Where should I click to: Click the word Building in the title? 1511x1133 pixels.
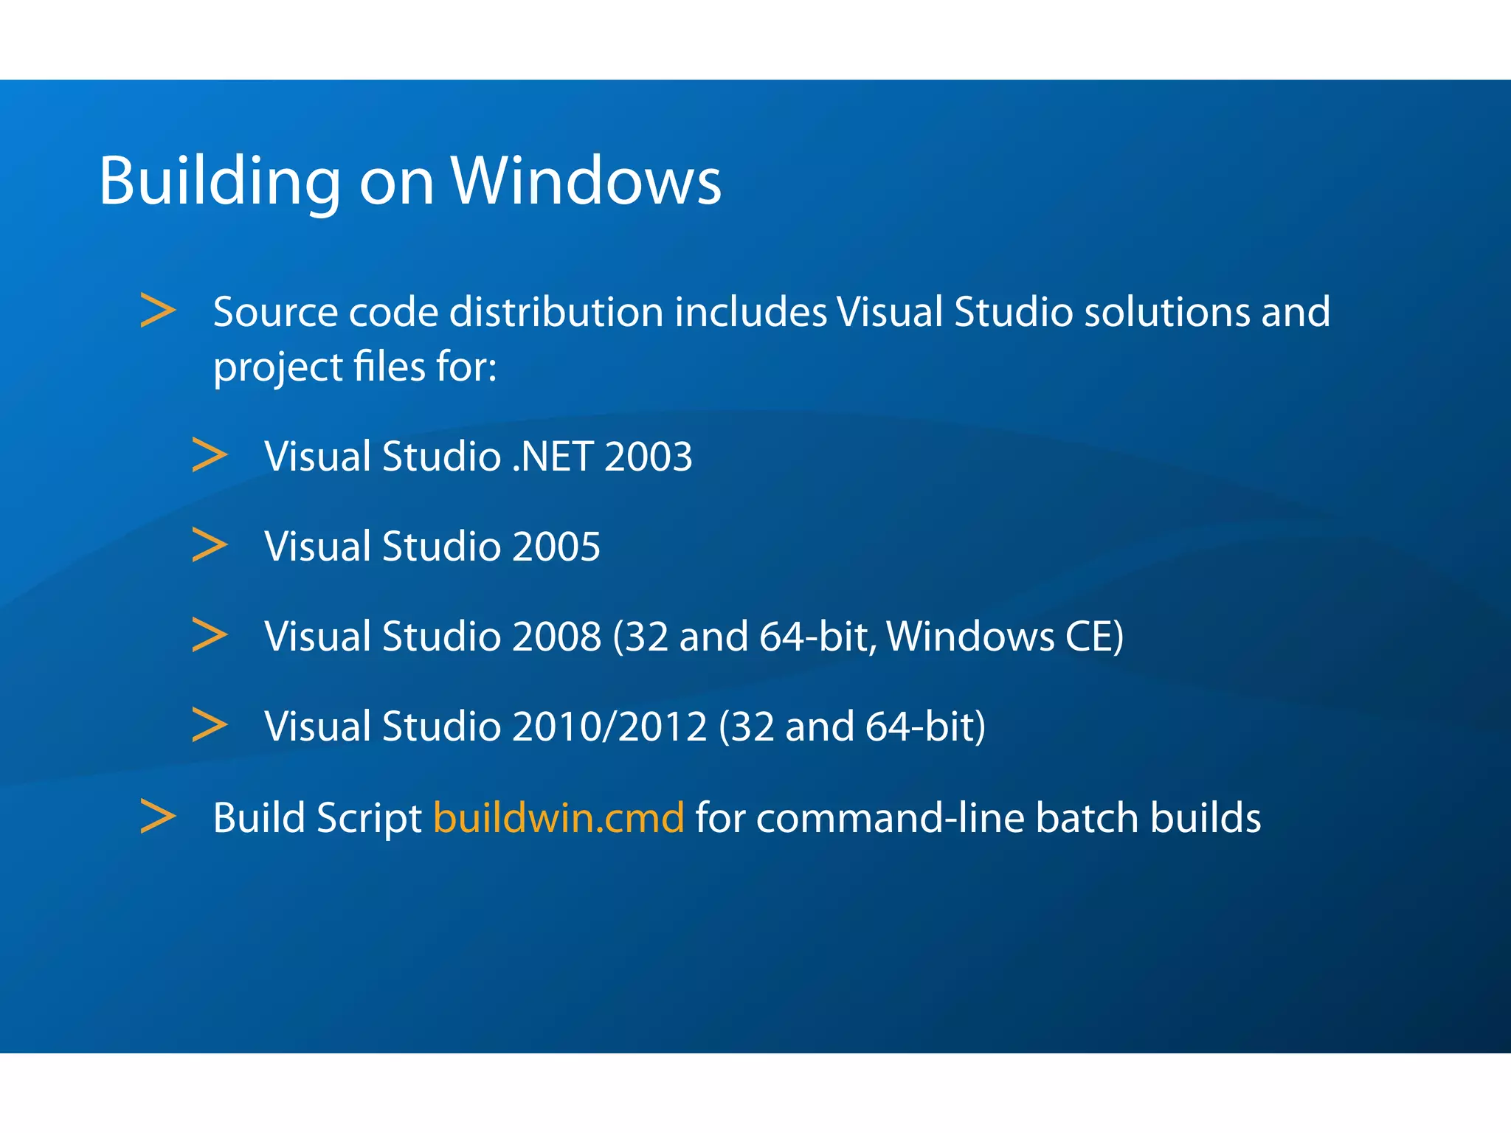(x=219, y=181)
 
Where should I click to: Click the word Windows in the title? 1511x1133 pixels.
(x=586, y=181)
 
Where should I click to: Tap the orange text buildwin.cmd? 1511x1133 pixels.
(x=559, y=818)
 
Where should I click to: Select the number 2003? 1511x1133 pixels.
(x=649, y=457)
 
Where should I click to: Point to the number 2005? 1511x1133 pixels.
(x=556, y=547)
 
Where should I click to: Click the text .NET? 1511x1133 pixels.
(x=553, y=457)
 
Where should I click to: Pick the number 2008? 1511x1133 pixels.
(x=556, y=637)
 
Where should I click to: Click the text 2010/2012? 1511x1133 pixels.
(x=609, y=727)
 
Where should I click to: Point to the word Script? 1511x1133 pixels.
(x=369, y=818)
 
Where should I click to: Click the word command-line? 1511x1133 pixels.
(x=890, y=818)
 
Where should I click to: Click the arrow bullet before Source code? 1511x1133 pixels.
(x=158, y=311)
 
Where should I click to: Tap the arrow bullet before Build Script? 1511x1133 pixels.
(x=158, y=817)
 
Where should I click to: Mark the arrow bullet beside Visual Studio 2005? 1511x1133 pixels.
(x=210, y=545)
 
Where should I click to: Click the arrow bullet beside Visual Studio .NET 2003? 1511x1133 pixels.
(x=210, y=455)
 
